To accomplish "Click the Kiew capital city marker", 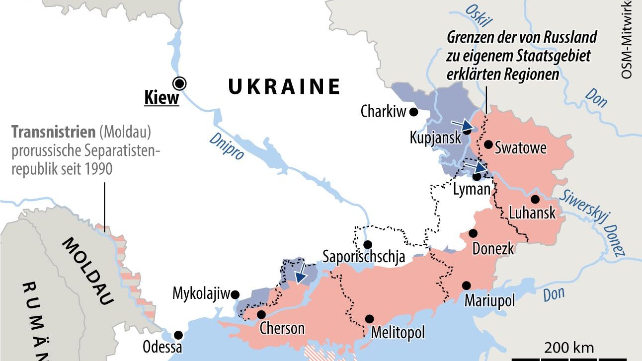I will [179, 82].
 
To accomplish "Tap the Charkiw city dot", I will [413, 112].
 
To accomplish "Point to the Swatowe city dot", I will [488, 144].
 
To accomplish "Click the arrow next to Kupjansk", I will [462, 125].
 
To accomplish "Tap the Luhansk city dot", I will [535, 199].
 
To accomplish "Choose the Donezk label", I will [493, 248].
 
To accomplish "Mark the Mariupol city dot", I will [466, 285].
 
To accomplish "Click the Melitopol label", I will [398, 332].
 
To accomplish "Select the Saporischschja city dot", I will [368, 244].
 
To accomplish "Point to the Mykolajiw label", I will [202, 293].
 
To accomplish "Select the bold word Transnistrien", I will [53, 133].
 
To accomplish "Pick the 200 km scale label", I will [569, 347].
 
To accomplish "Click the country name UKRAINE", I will [284, 86].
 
